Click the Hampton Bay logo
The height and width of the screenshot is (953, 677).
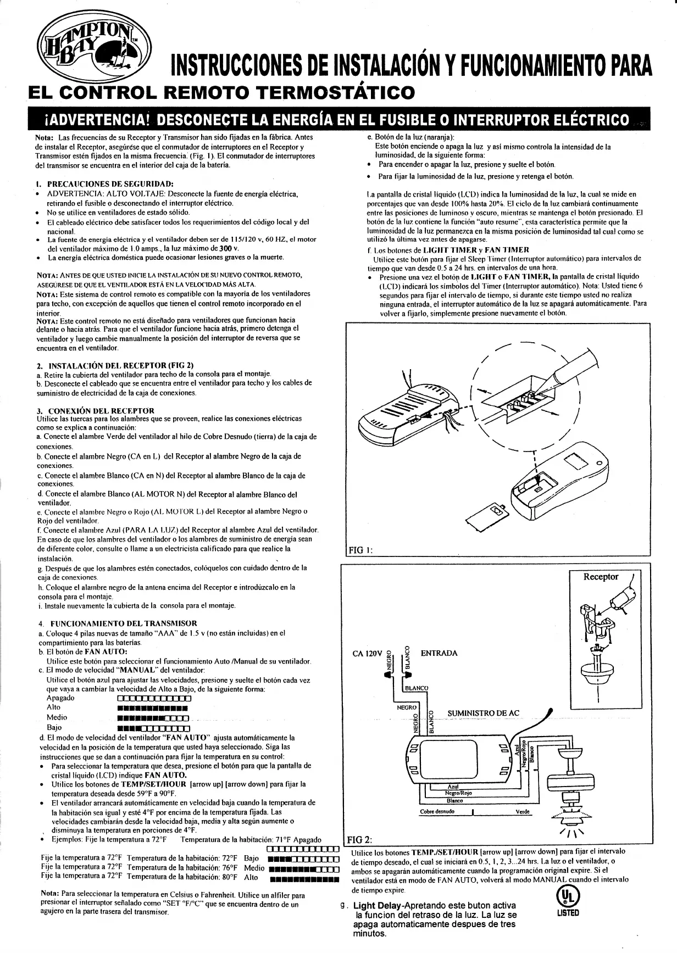92,47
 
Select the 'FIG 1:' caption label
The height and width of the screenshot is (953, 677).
362,550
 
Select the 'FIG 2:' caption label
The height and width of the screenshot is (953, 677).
360,840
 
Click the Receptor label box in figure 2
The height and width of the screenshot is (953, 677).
601,577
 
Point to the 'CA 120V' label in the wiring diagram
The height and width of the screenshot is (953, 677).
367,654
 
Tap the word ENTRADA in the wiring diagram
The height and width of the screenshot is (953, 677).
439,653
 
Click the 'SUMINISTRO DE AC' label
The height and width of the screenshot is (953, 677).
483,714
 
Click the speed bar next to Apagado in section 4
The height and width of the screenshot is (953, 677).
154,699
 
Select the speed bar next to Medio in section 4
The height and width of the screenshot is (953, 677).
154,718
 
